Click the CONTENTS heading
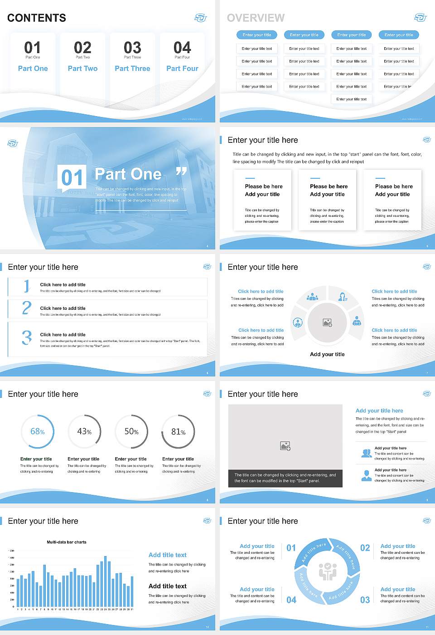pyautogui.click(x=37, y=18)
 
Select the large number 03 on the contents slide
pyautogui.click(x=132, y=48)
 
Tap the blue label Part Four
pyautogui.click(x=182, y=68)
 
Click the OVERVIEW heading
pyautogui.click(x=256, y=18)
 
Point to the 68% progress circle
pyautogui.click(x=38, y=431)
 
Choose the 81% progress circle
pyautogui.click(x=179, y=431)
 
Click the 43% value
pyautogui.click(x=84, y=431)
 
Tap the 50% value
pyautogui.click(x=131, y=431)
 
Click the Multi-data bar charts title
pyautogui.click(x=67, y=542)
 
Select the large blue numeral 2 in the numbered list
pyautogui.click(x=27, y=308)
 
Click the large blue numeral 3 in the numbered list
pyautogui.click(x=27, y=337)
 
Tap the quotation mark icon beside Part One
pyautogui.click(x=181, y=171)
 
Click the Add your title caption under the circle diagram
pyautogui.click(x=327, y=354)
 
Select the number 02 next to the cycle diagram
pyautogui.click(x=365, y=548)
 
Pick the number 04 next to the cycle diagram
pyautogui.click(x=291, y=600)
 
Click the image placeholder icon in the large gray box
pyautogui.click(x=285, y=446)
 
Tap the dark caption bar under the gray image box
pyautogui.click(x=285, y=478)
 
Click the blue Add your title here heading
pyautogui.click(x=379, y=410)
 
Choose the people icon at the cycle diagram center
pyautogui.click(x=327, y=571)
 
